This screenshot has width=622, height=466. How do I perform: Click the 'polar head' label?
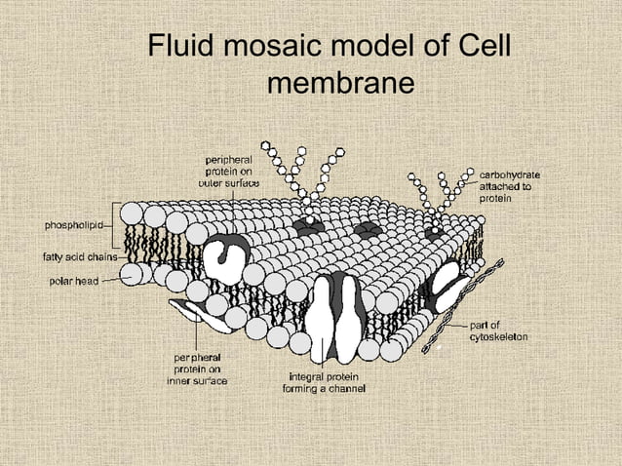(x=70, y=281)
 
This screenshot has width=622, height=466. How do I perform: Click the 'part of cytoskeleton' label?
(x=499, y=330)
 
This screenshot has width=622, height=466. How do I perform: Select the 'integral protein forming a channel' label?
(x=328, y=383)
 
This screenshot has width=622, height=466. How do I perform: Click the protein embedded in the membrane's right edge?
(x=447, y=283)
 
